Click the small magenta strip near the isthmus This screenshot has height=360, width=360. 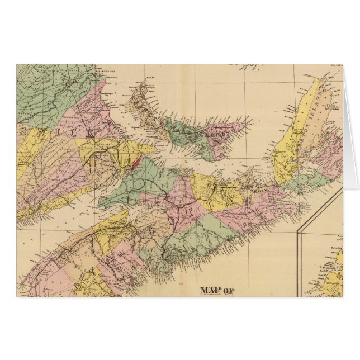[x=138, y=165]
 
